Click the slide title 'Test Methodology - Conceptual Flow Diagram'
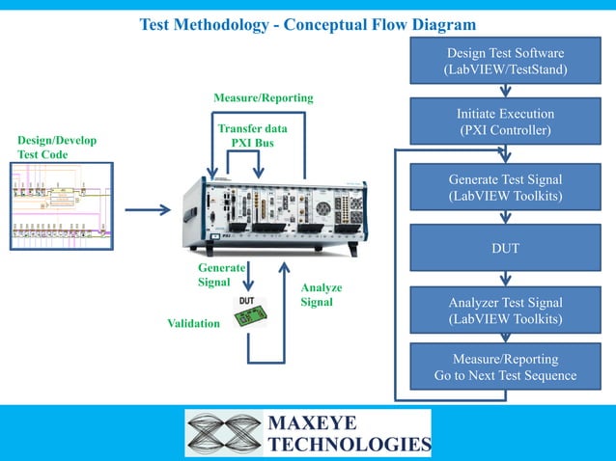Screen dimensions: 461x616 pos(308,23)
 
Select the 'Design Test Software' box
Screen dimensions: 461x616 pos(505,62)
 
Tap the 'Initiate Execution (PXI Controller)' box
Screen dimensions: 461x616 pos(505,122)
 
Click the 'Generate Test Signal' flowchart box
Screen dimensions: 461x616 pos(505,188)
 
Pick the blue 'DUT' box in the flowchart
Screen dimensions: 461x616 pos(505,249)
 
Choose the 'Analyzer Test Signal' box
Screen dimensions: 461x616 pos(505,310)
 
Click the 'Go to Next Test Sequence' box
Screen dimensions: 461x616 pos(505,367)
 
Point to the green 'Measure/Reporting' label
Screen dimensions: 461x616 pos(263,98)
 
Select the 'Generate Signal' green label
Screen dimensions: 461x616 pos(220,275)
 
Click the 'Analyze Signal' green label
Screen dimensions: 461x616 pos(321,295)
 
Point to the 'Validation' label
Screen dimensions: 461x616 pos(193,323)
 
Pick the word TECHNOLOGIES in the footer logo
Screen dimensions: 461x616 pos(348,444)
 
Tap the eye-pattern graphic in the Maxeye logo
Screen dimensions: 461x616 pos(224,433)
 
